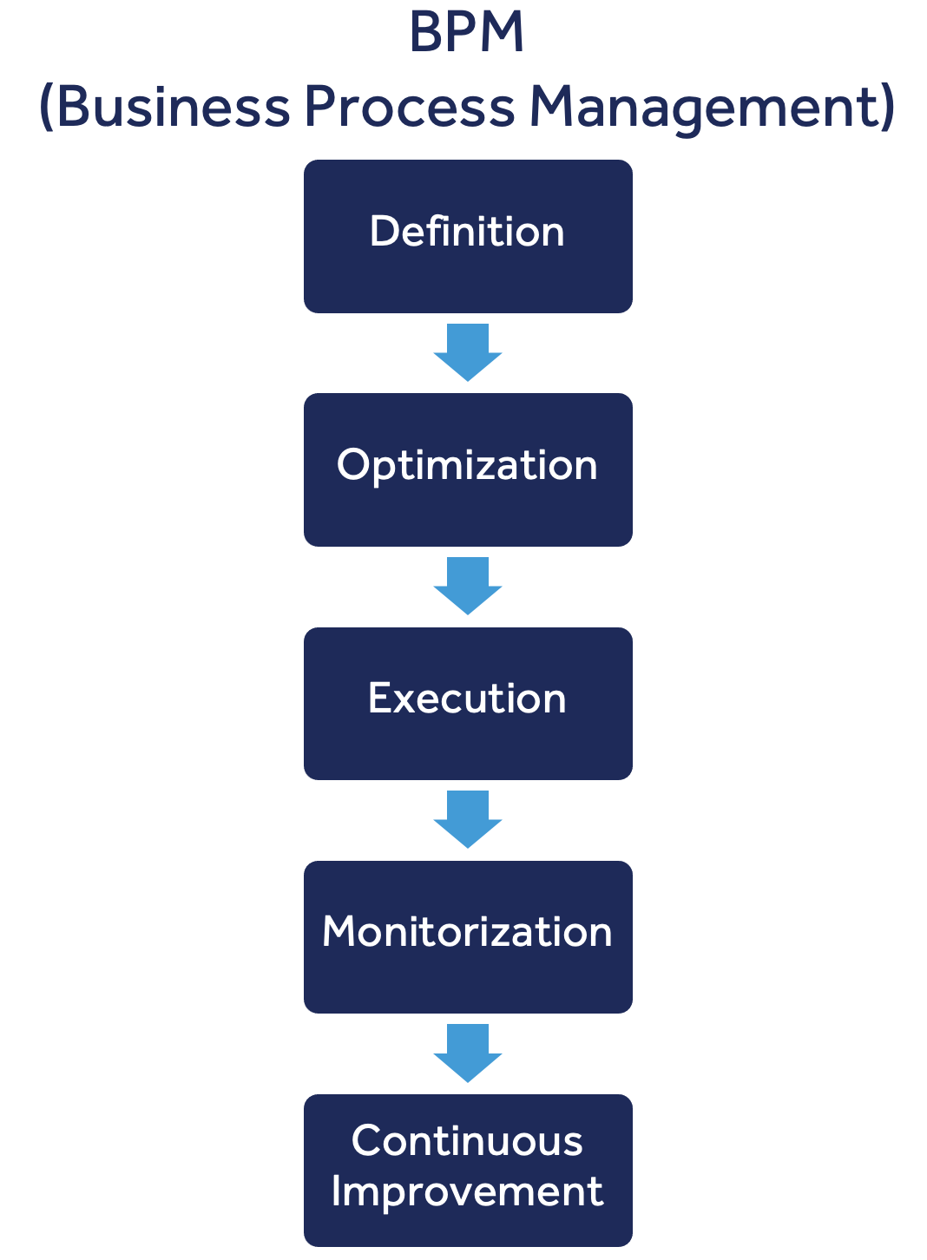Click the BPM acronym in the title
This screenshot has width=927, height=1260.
[x=466, y=33]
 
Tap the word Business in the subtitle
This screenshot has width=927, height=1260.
[x=174, y=107]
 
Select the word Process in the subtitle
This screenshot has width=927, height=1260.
[x=409, y=107]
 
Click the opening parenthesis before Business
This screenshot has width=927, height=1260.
[x=47, y=108]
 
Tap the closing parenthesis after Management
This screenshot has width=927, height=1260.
[x=886, y=108]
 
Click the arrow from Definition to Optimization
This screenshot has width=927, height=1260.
[x=468, y=351]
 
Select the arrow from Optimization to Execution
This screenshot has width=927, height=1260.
[x=468, y=585]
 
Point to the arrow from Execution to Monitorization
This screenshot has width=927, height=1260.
[x=468, y=818]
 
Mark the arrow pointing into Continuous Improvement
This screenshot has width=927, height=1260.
[x=468, y=1052]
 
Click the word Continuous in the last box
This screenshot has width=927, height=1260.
[x=467, y=1140]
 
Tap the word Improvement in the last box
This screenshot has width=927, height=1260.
[x=467, y=1191]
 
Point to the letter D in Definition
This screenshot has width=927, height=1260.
[x=383, y=232]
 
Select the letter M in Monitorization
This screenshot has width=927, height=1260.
[x=339, y=932]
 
